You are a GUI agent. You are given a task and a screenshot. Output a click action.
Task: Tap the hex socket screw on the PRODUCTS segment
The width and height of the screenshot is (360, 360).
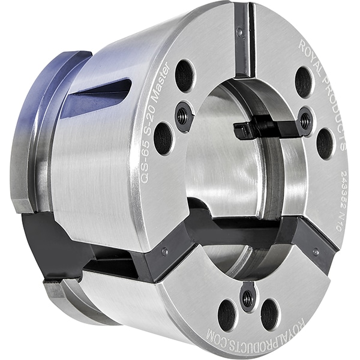pyautogui.click(x=305, y=121)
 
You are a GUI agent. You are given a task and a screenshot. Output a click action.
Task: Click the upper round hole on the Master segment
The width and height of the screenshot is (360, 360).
pyautogui.click(x=184, y=76)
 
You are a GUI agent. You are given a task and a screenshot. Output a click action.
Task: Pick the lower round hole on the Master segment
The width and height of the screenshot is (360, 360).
pyautogui.click(x=163, y=138)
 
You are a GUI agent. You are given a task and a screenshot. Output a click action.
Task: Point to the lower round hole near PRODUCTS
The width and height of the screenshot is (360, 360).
pyautogui.click(x=325, y=143)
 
